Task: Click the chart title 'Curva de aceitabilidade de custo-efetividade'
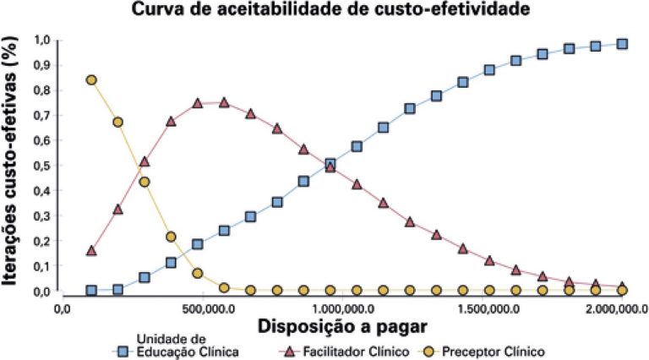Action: [324, 11]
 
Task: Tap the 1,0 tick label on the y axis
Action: [41, 40]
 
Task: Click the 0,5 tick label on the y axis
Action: [41, 166]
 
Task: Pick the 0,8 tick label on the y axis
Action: [41, 90]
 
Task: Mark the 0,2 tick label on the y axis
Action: [41, 241]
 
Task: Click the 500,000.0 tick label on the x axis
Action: [204, 309]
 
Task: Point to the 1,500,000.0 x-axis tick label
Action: [483, 309]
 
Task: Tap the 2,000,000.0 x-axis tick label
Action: [615, 309]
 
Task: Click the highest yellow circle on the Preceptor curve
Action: [91, 80]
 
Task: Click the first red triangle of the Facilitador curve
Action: [91, 250]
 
